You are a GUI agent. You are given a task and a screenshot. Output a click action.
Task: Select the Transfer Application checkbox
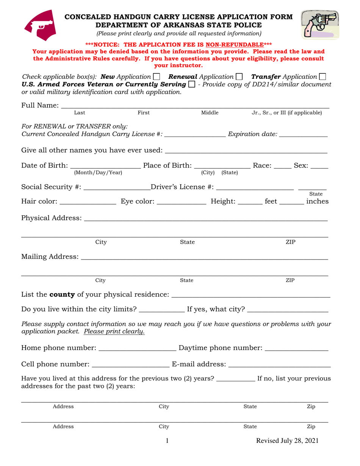tap(322, 77)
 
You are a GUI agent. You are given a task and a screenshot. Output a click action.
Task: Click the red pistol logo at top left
tap(41, 25)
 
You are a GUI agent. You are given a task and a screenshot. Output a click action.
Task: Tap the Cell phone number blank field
tap(131, 366)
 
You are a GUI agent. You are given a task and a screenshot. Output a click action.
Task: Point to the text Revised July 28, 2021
tap(287, 441)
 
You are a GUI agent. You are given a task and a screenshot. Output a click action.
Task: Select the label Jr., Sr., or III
tap(287, 113)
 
